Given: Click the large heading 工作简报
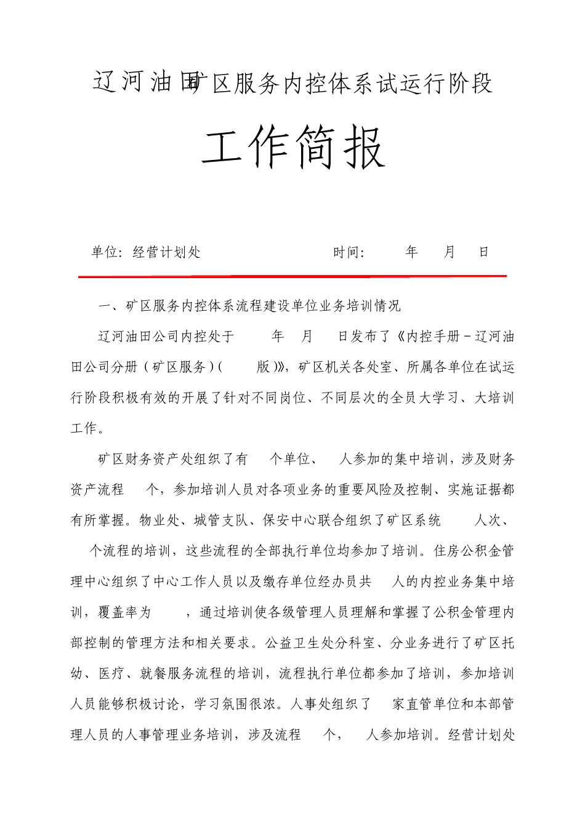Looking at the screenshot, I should pyautogui.click(x=293, y=148).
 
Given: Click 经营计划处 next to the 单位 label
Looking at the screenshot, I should pyautogui.click(x=167, y=252).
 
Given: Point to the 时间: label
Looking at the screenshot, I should pyautogui.click(x=349, y=252).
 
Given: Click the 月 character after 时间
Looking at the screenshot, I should pyautogui.click(x=449, y=252).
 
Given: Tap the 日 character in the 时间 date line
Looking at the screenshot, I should pyautogui.click(x=484, y=252).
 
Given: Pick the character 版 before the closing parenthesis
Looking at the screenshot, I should pyautogui.click(x=264, y=367).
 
